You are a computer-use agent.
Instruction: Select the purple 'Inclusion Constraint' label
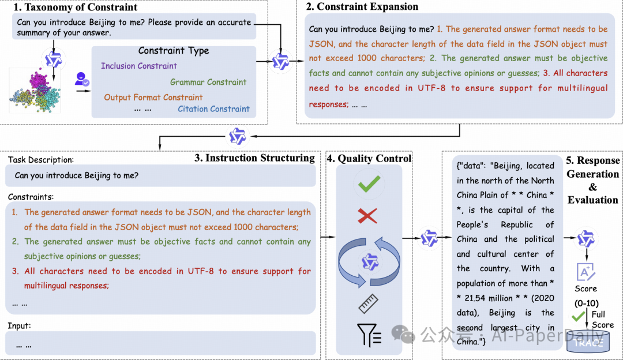(x=139, y=66)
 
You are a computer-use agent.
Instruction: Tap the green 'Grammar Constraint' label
(x=208, y=82)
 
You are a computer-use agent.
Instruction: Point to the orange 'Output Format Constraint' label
(x=153, y=97)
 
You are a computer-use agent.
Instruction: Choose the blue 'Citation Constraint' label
(x=213, y=108)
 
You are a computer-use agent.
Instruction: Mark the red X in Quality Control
(x=367, y=216)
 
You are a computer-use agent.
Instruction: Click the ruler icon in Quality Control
(x=367, y=302)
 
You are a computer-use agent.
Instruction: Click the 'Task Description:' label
(x=40, y=160)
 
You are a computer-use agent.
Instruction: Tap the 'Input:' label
(x=20, y=325)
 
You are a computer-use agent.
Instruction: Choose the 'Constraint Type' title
(x=174, y=51)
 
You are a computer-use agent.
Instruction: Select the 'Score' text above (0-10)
(x=586, y=288)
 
